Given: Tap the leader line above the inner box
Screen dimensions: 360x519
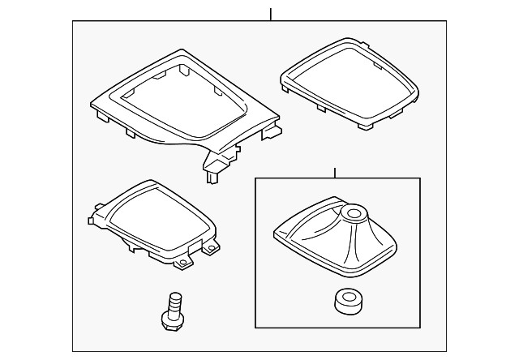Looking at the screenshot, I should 335,173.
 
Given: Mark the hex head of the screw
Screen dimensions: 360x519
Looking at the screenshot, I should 171,324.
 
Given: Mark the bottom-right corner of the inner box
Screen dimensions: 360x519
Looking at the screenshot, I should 420,323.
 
